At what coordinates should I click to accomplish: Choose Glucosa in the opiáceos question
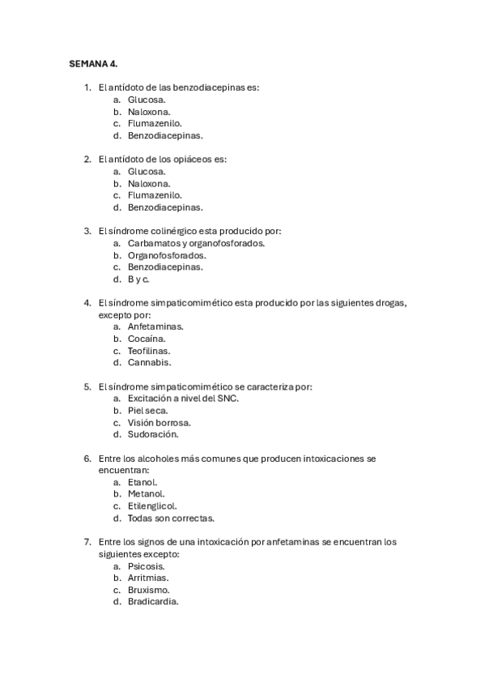[147, 171]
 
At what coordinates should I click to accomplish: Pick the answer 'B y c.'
[138, 279]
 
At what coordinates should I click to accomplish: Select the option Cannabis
[149, 363]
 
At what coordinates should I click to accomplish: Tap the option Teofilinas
[149, 351]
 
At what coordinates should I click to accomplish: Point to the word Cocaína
[147, 339]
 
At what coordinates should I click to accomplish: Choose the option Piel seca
[148, 411]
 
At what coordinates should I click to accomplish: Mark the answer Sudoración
[153, 434]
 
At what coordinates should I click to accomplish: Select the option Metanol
[147, 494]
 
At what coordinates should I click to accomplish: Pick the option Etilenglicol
[152, 506]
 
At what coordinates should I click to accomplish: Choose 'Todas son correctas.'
[171, 518]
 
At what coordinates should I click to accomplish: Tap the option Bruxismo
[148, 590]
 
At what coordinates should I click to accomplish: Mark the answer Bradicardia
[153, 602]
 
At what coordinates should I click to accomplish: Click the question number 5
[87, 386]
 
